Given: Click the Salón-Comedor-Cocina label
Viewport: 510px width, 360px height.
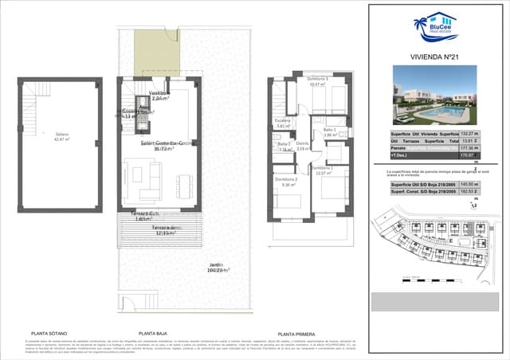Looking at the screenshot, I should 167,145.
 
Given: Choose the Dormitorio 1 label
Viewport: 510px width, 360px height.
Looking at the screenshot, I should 322,170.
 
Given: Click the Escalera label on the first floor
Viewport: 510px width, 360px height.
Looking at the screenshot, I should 284,123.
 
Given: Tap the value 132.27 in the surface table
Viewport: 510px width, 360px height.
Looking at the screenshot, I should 470,134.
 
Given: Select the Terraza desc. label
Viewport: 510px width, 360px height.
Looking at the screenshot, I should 164,231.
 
